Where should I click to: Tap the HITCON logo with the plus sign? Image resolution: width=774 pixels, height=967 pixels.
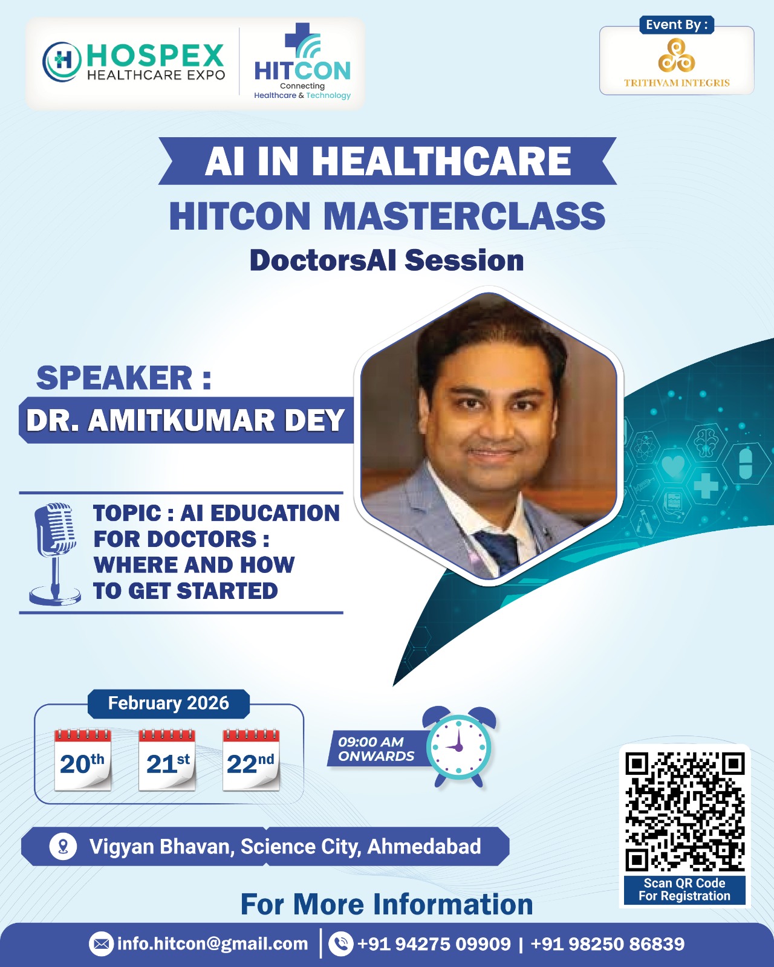point(302,62)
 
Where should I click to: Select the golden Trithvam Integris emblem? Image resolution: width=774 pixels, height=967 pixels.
point(676,55)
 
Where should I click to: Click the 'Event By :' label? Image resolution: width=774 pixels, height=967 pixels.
point(676,25)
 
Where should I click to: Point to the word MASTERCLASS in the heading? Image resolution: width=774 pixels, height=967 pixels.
point(464,216)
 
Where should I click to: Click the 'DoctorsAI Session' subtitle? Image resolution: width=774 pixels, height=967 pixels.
point(387,260)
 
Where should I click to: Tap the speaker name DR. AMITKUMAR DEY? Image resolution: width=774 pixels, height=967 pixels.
point(185,420)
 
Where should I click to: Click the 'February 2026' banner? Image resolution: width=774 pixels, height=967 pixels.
point(168,703)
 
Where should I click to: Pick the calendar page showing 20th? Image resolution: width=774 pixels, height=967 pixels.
point(82,760)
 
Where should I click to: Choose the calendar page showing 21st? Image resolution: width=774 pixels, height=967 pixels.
point(167,760)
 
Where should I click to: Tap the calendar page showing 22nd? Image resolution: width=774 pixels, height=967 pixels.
point(251,760)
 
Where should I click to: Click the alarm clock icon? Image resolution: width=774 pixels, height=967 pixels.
point(459,747)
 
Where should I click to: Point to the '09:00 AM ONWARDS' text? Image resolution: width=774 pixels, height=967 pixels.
point(376,749)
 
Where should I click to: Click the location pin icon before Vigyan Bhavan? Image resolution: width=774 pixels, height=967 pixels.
point(63,846)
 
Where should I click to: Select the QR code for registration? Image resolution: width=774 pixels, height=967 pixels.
point(685,811)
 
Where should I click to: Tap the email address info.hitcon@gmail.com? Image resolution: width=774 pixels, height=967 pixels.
point(212,943)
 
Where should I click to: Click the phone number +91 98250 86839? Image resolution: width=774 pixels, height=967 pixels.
point(607,943)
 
